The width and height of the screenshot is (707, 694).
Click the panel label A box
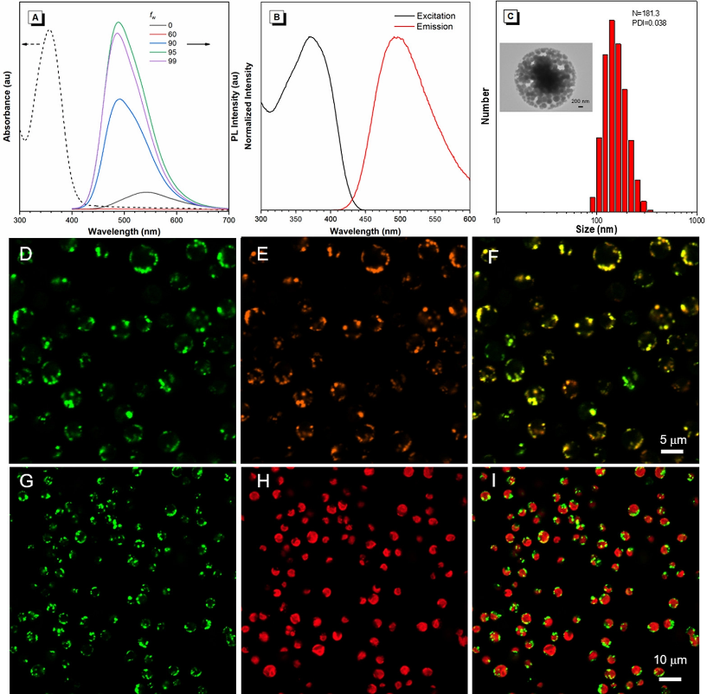tap(35, 16)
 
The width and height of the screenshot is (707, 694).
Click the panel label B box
tap(278, 16)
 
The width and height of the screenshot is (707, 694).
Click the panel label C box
tap(511, 16)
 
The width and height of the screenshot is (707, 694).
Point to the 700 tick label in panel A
tap(228, 220)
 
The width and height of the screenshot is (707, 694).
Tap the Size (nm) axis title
tap(596, 231)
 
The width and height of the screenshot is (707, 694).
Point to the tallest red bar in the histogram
tap(613, 117)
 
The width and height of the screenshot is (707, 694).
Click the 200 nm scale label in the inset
tap(580, 101)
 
